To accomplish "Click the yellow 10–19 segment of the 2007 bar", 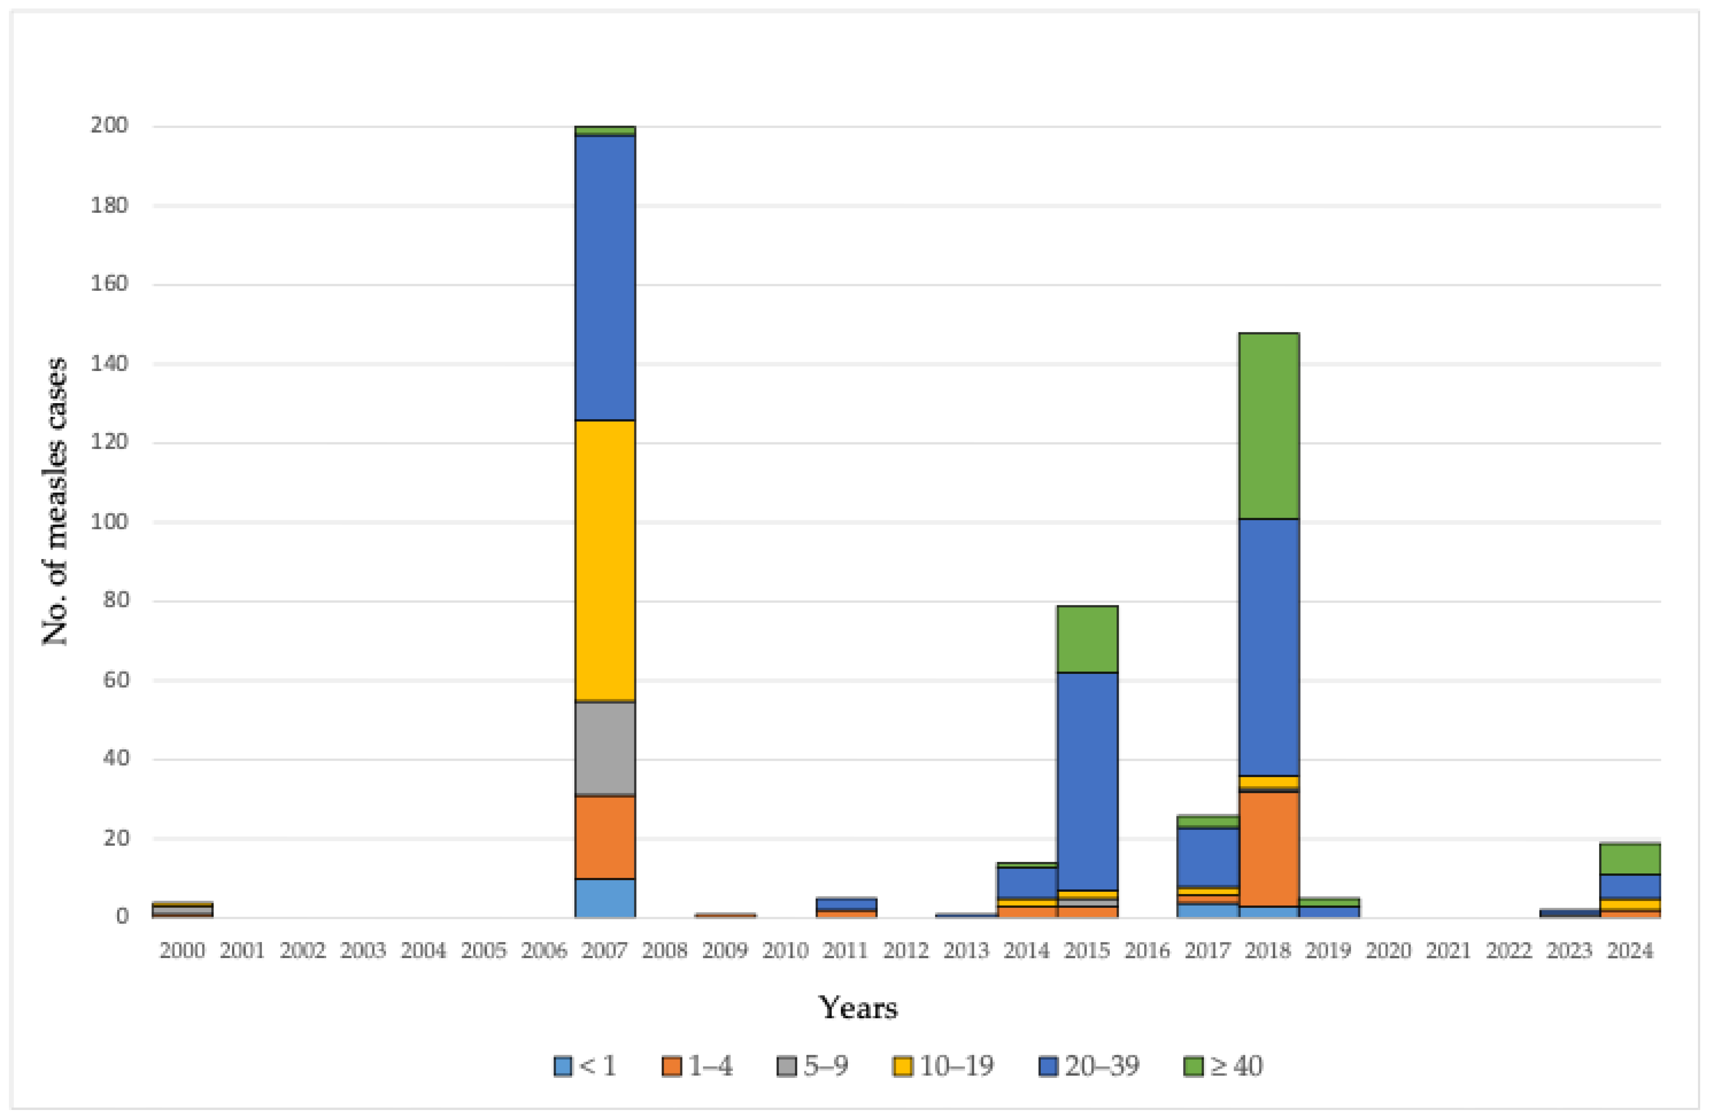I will [605, 560].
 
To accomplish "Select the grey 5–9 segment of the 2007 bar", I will [605, 748].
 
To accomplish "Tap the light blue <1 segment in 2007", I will [605, 898].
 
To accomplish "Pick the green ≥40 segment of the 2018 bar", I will [1269, 425].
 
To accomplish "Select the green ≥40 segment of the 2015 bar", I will [1087, 639].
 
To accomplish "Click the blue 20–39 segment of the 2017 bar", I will [1208, 857].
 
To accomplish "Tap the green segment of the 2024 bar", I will [1630, 859].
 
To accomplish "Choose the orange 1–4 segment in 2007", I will [605, 837].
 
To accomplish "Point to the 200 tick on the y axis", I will [109, 126].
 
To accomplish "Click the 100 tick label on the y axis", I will [109, 522].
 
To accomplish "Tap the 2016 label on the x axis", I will [1147, 951].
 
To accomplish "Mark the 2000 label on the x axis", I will [183, 951].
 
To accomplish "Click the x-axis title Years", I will [858, 1008].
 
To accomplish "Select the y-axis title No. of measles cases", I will [55, 502].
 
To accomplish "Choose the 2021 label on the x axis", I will [1449, 951].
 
